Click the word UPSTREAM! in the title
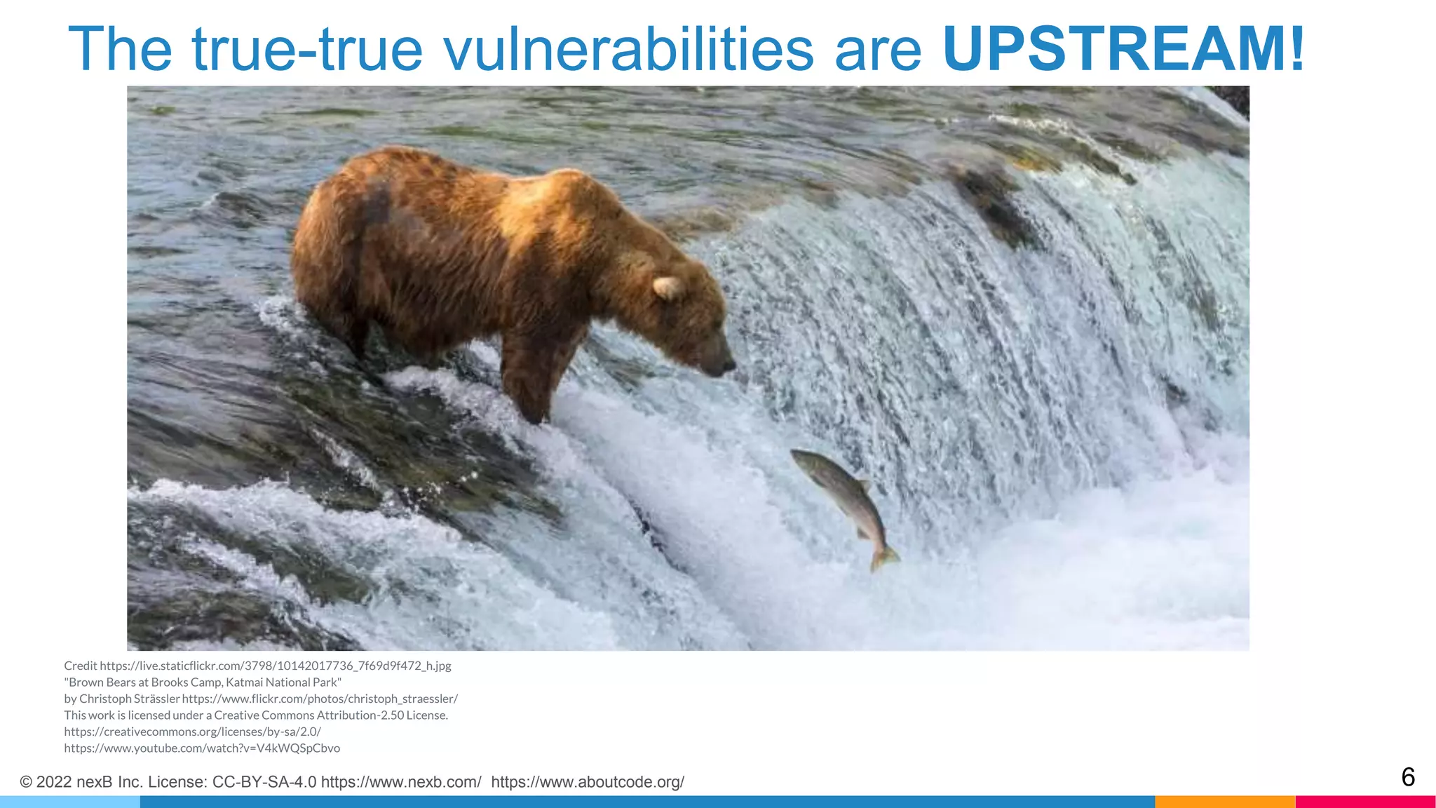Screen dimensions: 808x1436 point(1123,49)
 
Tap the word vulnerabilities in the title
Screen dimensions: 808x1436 point(628,49)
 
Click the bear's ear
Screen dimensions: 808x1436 point(667,287)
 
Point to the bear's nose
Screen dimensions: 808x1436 point(729,365)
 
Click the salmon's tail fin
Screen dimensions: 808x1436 point(883,558)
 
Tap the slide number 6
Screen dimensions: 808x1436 point(1407,777)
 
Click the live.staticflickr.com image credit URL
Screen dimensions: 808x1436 point(275,666)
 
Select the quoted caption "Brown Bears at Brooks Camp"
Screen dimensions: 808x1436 point(203,682)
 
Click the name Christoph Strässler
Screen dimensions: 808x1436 point(130,699)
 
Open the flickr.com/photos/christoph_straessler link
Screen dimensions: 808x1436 point(320,699)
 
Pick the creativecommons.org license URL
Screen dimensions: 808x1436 point(192,732)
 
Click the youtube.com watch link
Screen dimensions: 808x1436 point(202,748)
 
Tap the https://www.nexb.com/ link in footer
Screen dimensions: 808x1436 point(401,782)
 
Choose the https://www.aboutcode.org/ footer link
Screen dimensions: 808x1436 point(588,782)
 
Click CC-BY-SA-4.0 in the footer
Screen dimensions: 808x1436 point(264,782)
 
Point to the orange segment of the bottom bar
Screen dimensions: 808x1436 point(1224,802)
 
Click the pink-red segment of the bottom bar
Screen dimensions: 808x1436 point(1365,802)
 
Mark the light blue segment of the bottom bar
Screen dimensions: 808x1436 point(70,802)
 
